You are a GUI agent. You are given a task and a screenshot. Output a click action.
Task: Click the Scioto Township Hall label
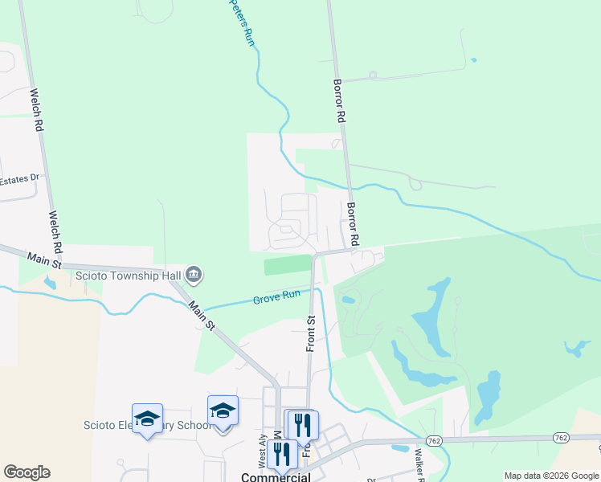pyautogui.click(x=129, y=276)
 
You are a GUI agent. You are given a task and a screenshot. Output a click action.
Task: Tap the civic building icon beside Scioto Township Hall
pyautogui.click(x=194, y=276)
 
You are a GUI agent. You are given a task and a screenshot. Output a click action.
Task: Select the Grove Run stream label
pyautogui.click(x=276, y=297)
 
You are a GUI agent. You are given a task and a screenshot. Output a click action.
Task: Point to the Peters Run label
pyautogui.click(x=241, y=22)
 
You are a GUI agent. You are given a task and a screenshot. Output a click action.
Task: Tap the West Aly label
pyautogui.click(x=262, y=452)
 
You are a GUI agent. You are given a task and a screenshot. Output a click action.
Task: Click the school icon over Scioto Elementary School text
pyautogui.click(x=147, y=418)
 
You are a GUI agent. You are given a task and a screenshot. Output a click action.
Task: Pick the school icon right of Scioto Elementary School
pyautogui.click(x=223, y=411)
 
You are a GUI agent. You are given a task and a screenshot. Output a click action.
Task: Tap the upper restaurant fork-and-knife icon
pyautogui.click(x=303, y=423)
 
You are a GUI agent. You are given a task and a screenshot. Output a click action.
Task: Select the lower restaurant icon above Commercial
pyautogui.click(x=281, y=454)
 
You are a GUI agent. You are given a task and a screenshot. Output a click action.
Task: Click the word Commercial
pyautogui.click(x=276, y=476)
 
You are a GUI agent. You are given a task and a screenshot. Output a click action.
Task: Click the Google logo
pyautogui.click(x=27, y=472)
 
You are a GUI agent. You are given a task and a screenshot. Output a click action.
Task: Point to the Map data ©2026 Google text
pyautogui.click(x=550, y=476)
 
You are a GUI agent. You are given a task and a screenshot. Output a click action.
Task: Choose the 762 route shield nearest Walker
pyautogui.click(x=434, y=440)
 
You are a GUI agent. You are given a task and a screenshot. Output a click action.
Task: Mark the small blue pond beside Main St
pyautogui.click(x=51, y=283)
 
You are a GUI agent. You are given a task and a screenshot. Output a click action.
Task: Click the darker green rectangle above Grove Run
pyautogui.click(x=287, y=264)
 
